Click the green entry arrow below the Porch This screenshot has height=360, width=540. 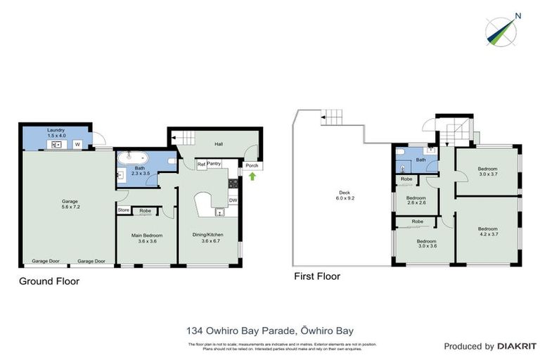click(252, 176)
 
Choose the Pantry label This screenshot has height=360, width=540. click(214, 164)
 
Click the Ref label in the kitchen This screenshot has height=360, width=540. click(201, 165)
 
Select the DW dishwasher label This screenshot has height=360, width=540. click(233, 200)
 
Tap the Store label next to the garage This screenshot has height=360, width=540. click(124, 210)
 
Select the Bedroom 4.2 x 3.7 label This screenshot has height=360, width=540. click(487, 232)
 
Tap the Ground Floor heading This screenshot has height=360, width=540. click(49, 281)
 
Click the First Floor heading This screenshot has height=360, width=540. click(316, 276)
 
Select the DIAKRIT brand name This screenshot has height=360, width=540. click(517, 346)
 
